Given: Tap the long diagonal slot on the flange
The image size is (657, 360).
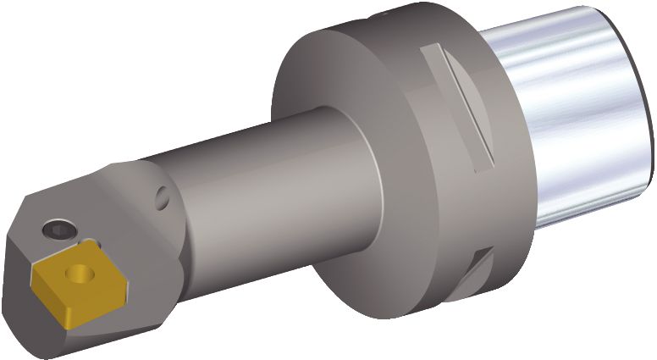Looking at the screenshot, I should pyautogui.click(x=462, y=106).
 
